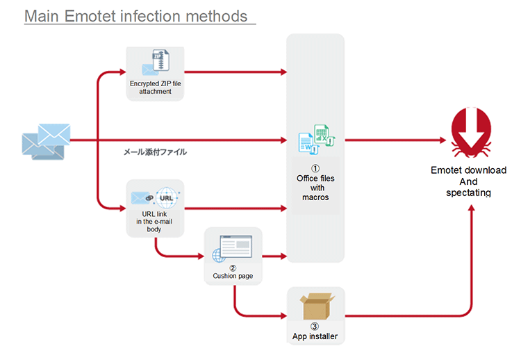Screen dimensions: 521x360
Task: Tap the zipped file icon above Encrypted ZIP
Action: [161, 60]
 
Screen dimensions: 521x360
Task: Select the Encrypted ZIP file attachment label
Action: [155, 88]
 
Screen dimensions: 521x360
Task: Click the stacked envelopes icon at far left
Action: [46, 142]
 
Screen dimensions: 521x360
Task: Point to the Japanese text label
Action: [155, 152]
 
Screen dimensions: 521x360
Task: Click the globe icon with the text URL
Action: [167, 198]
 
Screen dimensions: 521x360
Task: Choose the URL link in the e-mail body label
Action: [154, 222]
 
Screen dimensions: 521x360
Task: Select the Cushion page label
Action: [233, 276]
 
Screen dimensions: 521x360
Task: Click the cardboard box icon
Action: [317, 306]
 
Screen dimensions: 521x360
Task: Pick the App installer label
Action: [315, 336]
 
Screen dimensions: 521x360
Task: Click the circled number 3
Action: [314, 327]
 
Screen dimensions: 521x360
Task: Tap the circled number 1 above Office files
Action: [315, 168]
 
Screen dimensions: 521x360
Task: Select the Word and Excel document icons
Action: [317, 140]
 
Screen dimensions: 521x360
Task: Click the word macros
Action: [315, 197]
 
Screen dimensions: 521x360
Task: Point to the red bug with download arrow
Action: [471, 132]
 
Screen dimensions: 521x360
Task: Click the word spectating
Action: [468, 193]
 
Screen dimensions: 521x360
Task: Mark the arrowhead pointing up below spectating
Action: [471, 208]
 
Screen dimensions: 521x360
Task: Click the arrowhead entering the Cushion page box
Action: [201, 256]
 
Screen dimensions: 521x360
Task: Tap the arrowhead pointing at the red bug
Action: [443, 140]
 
